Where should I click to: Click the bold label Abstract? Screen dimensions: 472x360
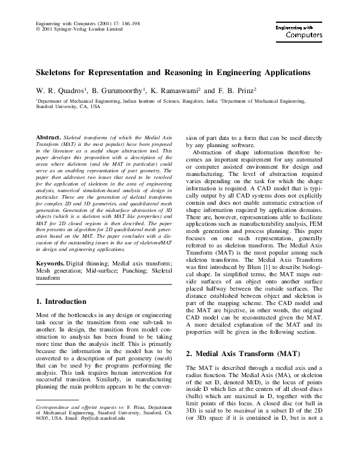pyautogui.click(x=49, y=138)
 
